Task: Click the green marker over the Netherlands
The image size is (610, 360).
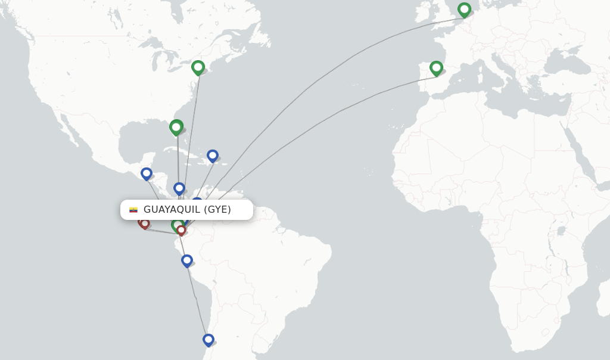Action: [464, 10]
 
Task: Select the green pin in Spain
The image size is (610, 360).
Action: [436, 68]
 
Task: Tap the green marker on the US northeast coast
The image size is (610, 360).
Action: [198, 67]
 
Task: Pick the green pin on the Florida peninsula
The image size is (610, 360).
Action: [176, 127]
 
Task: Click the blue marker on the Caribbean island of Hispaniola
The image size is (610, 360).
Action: [212, 156]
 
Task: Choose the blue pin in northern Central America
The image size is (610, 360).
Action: [146, 173]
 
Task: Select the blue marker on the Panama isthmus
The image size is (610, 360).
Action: [179, 188]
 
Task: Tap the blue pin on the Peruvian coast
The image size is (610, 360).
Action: [186, 260]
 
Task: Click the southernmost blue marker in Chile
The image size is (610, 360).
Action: [208, 340]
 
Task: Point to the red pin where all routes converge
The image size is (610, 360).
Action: [181, 230]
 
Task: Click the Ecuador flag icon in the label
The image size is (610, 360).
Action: [133, 210]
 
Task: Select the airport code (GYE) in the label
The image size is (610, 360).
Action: [217, 210]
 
